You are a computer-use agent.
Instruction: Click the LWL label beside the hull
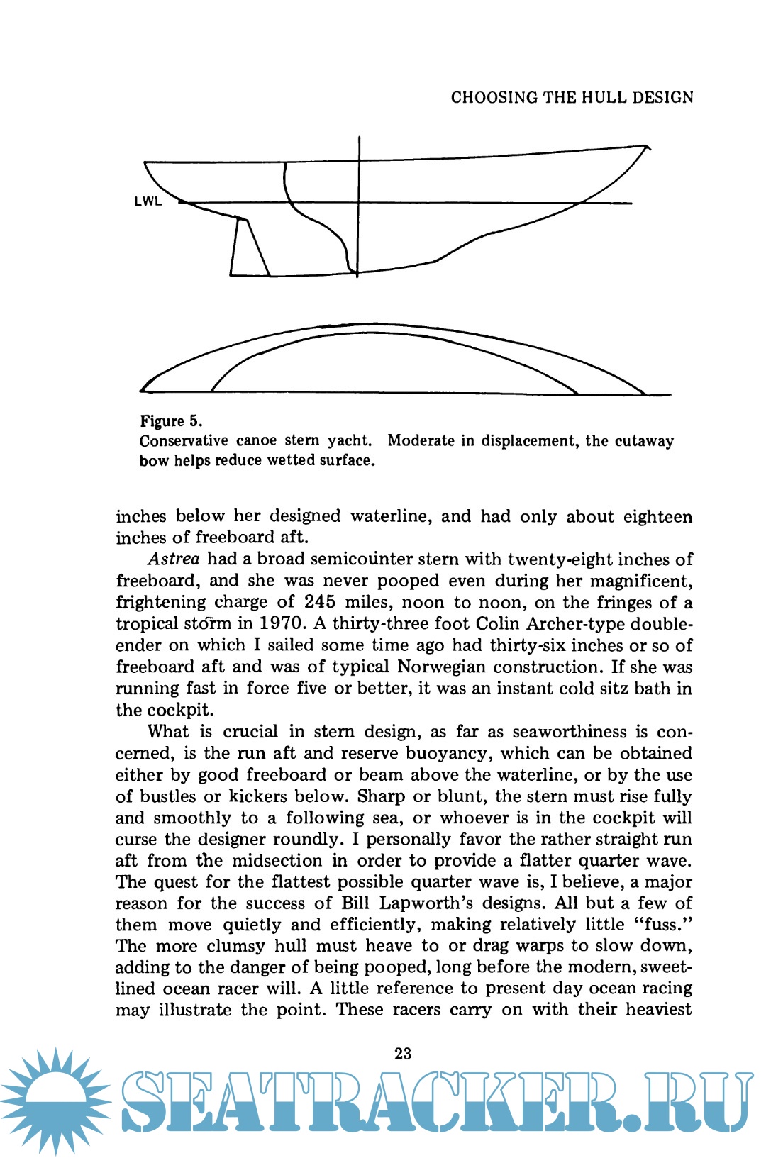(148, 201)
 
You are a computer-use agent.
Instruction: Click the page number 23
(403, 1054)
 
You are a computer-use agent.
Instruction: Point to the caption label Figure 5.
(171, 421)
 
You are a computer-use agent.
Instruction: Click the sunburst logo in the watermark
(55, 1101)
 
